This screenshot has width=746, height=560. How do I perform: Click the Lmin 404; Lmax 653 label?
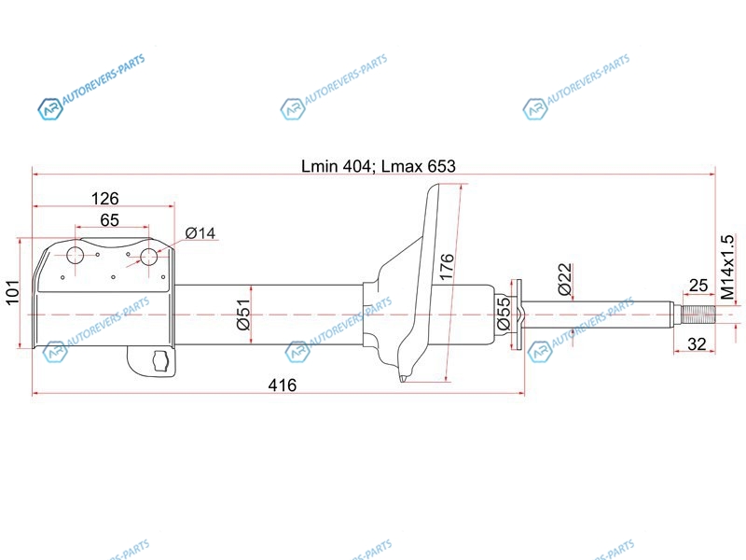[379, 166]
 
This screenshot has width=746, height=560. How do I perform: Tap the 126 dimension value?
[104, 198]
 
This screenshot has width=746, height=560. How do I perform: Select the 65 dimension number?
[109, 220]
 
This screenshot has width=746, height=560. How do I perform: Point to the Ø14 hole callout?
[200, 232]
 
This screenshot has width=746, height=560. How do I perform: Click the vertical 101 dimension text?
[12, 292]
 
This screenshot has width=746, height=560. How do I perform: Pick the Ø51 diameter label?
[243, 315]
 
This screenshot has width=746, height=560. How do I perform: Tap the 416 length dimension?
[283, 385]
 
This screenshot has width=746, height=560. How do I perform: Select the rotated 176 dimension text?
[447, 267]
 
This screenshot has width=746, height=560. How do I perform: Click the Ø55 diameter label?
[504, 314]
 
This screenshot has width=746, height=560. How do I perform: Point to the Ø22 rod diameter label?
[565, 279]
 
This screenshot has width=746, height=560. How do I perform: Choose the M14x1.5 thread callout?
[727, 267]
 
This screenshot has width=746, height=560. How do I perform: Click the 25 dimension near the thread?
[698, 286]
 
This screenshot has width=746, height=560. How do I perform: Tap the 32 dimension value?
[697, 343]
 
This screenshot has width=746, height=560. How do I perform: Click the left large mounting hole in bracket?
[76, 256]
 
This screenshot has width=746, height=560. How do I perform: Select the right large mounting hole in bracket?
[149, 257]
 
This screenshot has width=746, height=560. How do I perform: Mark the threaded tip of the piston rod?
[698, 315]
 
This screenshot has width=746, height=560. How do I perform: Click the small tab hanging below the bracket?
[152, 361]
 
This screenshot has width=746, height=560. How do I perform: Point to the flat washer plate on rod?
[516, 315]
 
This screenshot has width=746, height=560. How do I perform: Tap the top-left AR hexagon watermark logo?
[50, 109]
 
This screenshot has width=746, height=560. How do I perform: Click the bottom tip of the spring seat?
[403, 380]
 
